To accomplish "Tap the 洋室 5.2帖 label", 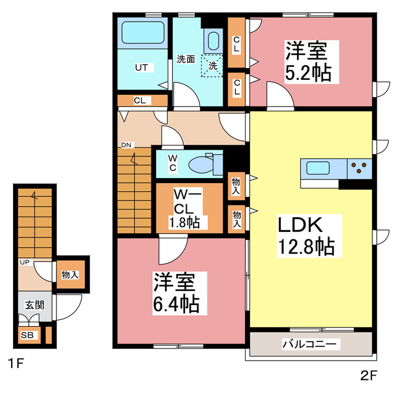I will click(x=308, y=61).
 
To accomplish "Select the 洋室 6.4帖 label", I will click(x=176, y=293).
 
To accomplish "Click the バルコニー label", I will click(x=309, y=343).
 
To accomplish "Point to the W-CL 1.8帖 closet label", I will click(x=185, y=209).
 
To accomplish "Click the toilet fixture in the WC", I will click(x=201, y=163).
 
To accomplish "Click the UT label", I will click(x=141, y=67).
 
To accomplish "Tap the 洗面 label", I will click(x=186, y=60).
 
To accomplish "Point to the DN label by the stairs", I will click(x=126, y=145).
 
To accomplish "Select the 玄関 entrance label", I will click(x=34, y=304).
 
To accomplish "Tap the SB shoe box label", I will click(x=27, y=335).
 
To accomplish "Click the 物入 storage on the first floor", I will click(x=70, y=274).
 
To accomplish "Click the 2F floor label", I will click(x=369, y=375).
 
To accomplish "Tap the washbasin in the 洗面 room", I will click(x=213, y=41).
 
